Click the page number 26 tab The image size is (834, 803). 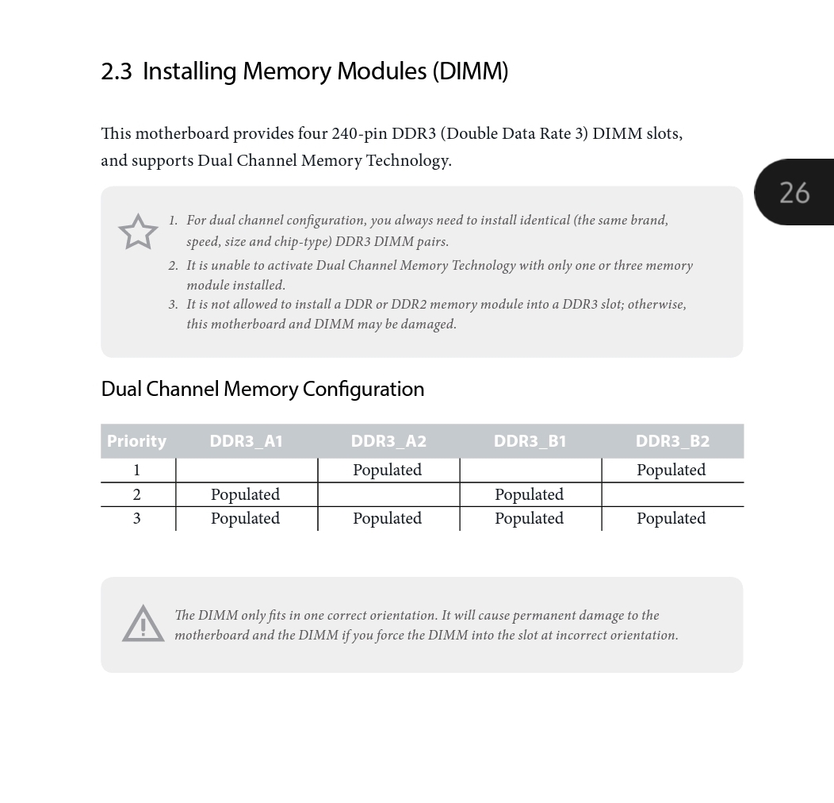(x=794, y=192)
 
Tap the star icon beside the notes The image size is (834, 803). (x=138, y=232)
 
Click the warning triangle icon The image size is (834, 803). (x=143, y=624)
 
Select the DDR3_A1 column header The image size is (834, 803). (x=246, y=441)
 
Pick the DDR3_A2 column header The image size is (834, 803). (x=388, y=441)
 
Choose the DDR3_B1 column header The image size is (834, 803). (x=530, y=441)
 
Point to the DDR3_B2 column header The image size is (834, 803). (x=672, y=441)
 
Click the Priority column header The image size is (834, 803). (x=136, y=441)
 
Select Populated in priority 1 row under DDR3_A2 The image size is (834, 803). (x=387, y=470)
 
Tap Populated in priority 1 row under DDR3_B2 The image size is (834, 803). (x=671, y=470)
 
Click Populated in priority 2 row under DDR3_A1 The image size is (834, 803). (x=245, y=494)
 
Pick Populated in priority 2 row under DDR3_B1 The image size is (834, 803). (x=529, y=494)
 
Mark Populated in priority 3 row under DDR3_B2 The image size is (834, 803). (x=671, y=518)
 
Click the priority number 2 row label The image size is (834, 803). (x=136, y=494)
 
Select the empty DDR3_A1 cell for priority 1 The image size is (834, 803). (x=246, y=470)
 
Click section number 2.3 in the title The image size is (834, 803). (x=117, y=71)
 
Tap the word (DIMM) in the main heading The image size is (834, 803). (x=470, y=71)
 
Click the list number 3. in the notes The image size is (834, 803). (x=173, y=305)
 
